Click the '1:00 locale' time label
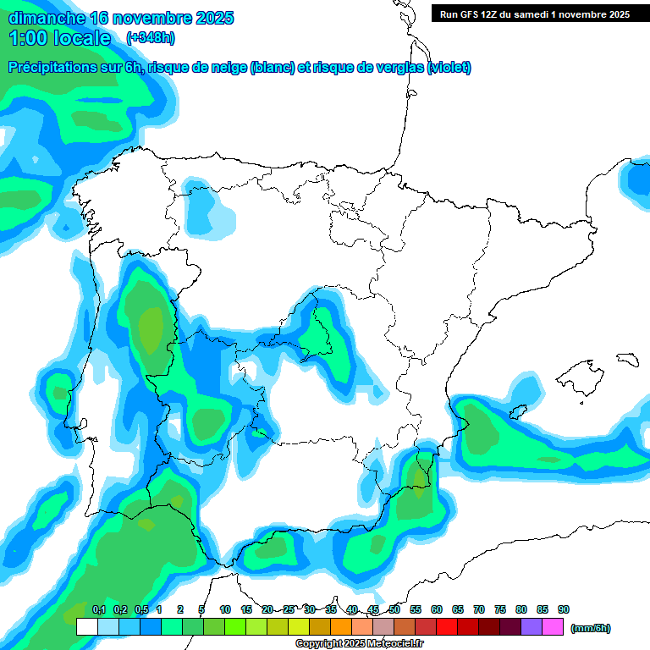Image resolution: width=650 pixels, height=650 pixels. click(x=60, y=38)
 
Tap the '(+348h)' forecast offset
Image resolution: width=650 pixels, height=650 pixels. click(x=150, y=38)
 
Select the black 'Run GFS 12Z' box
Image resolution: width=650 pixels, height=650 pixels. click(x=534, y=14)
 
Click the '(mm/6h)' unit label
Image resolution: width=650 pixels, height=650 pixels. click(x=590, y=628)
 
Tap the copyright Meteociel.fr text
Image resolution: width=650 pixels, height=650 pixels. click(x=360, y=644)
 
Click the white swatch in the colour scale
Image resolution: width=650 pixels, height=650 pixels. click(x=87, y=627)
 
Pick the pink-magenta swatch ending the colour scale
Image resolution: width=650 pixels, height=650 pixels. click(x=553, y=627)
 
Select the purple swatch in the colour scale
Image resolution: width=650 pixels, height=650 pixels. click(x=532, y=627)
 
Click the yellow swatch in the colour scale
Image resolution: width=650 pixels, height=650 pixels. click(x=299, y=627)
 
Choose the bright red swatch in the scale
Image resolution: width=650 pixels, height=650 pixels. click(x=447, y=627)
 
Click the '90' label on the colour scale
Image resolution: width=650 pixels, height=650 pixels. click(x=564, y=609)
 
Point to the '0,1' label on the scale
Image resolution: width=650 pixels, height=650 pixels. click(x=99, y=609)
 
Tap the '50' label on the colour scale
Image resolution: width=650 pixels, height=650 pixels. click(x=394, y=609)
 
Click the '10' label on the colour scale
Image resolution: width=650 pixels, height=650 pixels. click(x=225, y=609)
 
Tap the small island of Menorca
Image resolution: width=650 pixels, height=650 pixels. click(x=626, y=360)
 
